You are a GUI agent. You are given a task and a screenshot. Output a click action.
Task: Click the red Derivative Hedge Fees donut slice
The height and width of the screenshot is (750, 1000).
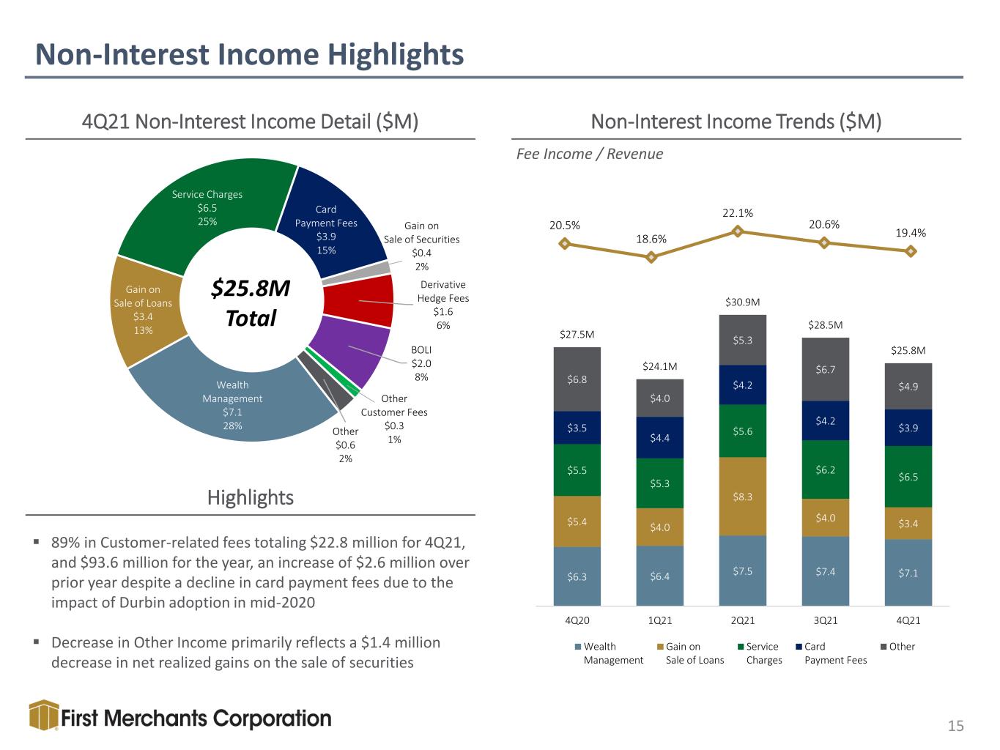point(358,300)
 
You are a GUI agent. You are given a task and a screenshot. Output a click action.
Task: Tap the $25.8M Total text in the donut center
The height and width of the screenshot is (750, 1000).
point(251,302)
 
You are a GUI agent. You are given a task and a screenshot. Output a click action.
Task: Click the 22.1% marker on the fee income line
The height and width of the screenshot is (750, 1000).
point(737,231)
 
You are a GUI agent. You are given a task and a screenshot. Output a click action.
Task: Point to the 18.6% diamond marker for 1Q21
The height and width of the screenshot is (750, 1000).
point(651,257)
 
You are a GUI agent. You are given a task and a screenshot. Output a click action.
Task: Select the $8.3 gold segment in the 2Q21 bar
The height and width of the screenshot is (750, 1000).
point(743,497)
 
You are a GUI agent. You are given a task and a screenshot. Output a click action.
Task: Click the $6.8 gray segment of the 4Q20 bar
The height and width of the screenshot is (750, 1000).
point(577,379)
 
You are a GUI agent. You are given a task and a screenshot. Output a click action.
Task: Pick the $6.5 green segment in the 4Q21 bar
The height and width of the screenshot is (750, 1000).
point(908,477)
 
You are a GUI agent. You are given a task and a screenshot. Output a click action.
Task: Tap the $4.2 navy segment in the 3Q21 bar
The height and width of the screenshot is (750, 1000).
point(826,420)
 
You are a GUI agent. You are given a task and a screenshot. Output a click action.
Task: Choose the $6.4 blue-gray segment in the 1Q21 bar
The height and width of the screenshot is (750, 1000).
point(659,576)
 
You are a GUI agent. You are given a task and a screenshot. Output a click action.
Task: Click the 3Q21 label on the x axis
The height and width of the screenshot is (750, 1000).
point(826,620)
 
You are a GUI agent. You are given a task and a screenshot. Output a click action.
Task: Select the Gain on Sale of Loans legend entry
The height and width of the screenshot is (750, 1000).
point(691,653)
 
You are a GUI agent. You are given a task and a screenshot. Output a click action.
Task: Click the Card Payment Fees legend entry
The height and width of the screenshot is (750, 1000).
point(832,653)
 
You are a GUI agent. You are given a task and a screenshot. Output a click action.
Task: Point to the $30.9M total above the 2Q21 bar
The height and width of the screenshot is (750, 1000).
point(743,302)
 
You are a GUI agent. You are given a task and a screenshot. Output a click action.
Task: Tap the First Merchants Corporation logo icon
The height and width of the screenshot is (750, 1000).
point(44,715)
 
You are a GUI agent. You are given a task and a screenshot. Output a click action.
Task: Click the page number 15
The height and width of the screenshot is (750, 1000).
point(955,726)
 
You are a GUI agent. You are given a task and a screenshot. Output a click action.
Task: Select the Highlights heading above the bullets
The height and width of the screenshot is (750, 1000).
point(250,497)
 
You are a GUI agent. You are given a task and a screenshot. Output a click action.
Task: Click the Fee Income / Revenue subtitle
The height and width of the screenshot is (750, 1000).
point(590,154)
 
